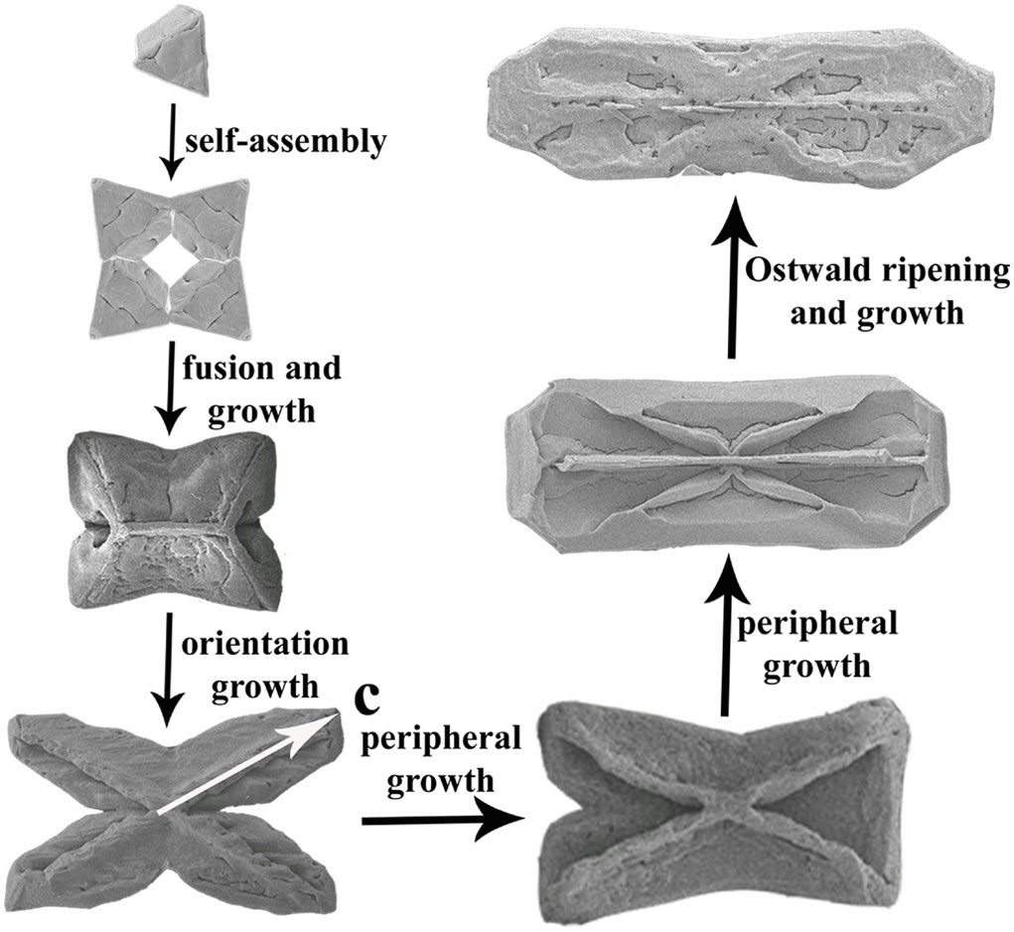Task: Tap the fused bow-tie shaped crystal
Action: pos(169,526)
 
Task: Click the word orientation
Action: pos(264,643)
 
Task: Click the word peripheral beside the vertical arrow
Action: pos(815,627)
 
